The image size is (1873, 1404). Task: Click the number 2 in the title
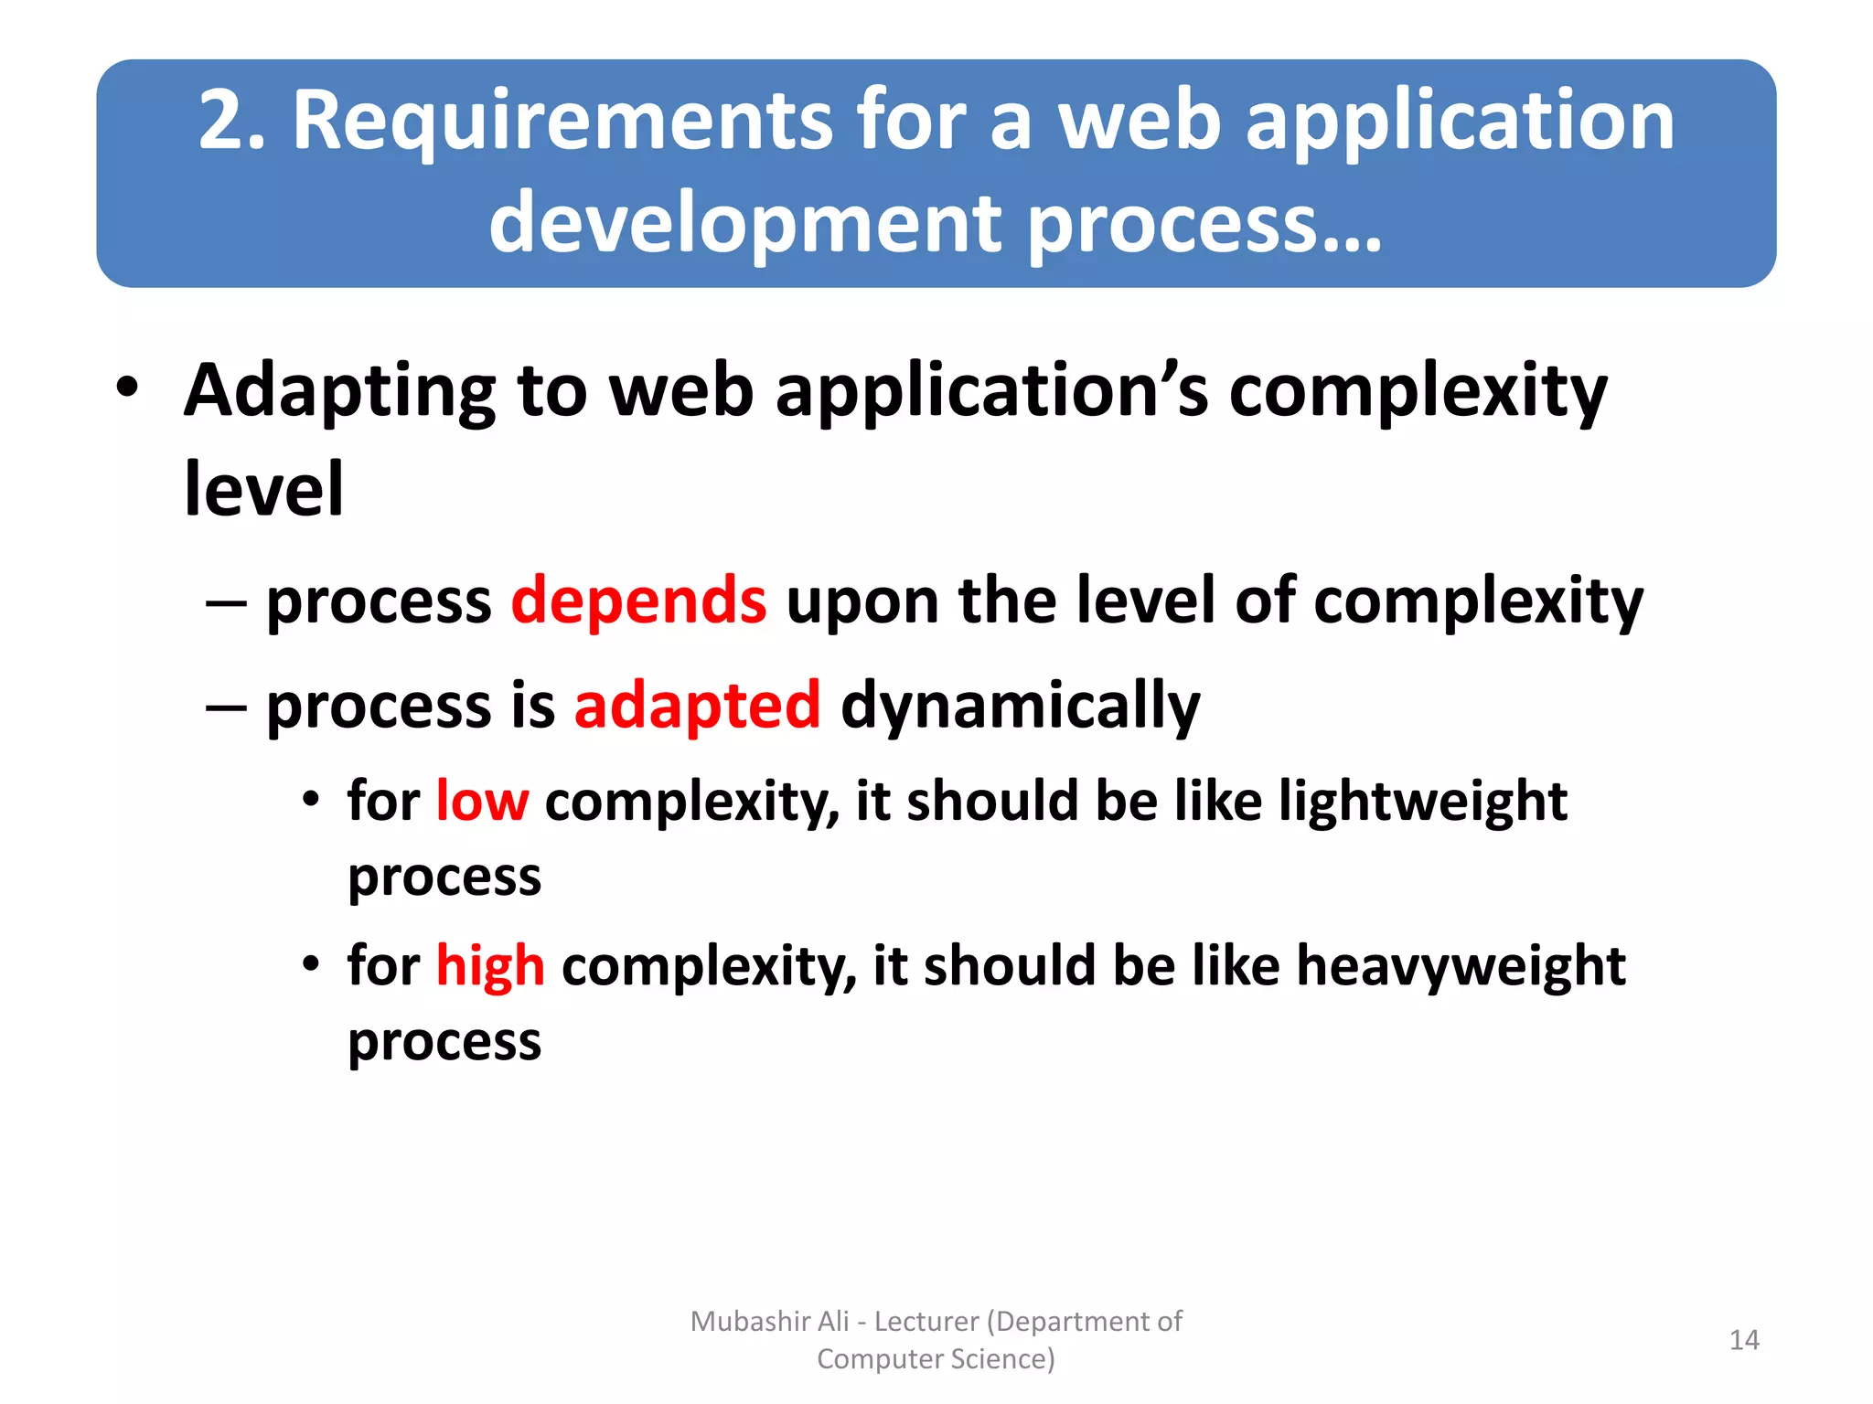(224, 121)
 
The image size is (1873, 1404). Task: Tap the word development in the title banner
(745, 224)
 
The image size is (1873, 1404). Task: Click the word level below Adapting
(263, 490)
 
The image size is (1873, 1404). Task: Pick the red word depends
(638, 601)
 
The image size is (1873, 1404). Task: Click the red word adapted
(697, 706)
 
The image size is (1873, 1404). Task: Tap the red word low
(482, 802)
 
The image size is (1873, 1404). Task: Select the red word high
(490, 966)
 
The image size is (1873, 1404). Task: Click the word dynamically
(1020, 706)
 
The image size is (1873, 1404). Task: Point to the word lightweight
(1423, 802)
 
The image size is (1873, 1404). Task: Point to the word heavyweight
(1461, 966)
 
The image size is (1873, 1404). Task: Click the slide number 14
(1744, 1340)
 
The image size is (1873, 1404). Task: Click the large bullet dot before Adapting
(128, 388)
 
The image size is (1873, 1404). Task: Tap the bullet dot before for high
(312, 963)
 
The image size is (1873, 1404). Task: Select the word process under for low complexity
(444, 877)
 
